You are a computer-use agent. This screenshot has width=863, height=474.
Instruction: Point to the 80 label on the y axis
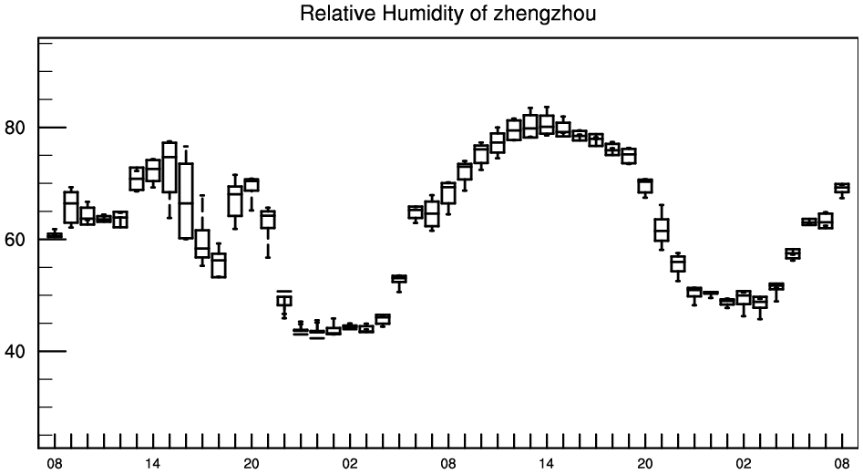pyautogui.click(x=15, y=128)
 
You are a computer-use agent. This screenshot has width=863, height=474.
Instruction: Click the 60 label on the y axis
pyautogui.click(x=15, y=240)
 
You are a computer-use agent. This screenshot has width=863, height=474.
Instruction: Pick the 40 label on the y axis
pyautogui.click(x=15, y=351)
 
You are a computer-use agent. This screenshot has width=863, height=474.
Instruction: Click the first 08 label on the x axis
pyautogui.click(x=55, y=464)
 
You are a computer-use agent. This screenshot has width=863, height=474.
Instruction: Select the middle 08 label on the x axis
pyautogui.click(x=448, y=464)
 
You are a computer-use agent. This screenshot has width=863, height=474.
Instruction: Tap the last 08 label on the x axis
pyautogui.click(x=842, y=464)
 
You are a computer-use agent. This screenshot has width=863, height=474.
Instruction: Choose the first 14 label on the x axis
pyautogui.click(x=153, y=464)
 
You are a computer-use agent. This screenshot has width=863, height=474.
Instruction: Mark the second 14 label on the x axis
pyautogui.click(x=547, y=464)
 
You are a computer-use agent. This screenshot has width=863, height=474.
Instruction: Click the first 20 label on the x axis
pyautogui.click(x=252, y=464)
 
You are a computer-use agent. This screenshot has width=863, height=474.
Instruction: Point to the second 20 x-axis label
pyautogui.click(x=645, y=464)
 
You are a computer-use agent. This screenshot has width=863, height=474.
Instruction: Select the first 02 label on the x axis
pyautogui.click(x=350, y=464)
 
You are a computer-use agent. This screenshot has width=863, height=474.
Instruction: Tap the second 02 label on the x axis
pyautogui.click(x=744, y=464)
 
